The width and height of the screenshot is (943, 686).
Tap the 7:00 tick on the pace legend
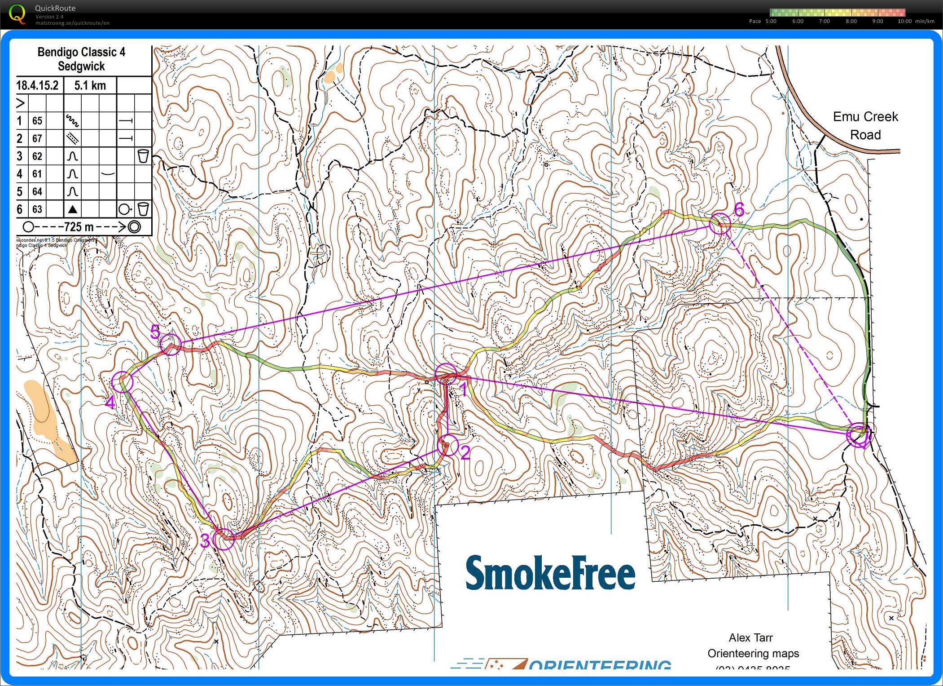pyautogui.click(x=824, y=21)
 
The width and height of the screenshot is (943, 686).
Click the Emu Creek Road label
pyautogui.click(x=865, y=126)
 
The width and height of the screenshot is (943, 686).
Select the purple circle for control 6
pyautogui.click(x=720, y=223)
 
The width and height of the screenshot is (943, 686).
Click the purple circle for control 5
pyautogui.click(x=170, y=344)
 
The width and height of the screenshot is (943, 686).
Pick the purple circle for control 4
pyautogui.click(x=122, y=382)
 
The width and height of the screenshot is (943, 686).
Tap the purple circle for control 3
pyautogui.click(x=224, y=539)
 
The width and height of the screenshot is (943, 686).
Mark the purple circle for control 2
pyautogui.click(x=447, y=445)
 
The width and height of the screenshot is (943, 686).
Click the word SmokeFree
pyautogui.click(x=550, y=573)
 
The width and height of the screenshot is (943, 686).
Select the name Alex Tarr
pyautogui.click(x=750, y=637)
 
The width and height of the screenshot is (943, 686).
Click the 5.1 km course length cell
pyautogui.click(x=90, y=85)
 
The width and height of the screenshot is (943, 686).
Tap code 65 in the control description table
pyautogui.click(x=37, y=121)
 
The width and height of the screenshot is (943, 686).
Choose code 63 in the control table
pyautogui.click(x=37, y=209)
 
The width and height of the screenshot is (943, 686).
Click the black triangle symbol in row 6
pyautogui.click(x=72, y=209)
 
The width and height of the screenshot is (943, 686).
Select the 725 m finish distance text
pyautogui.click(x=79, y=227)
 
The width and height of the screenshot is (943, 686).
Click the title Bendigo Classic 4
pyautogui.click(x=81, y=52)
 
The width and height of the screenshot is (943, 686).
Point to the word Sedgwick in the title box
pyautogui.click(x=81, y=66)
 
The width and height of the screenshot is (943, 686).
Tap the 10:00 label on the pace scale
pyautogui.click(x=904, y=21)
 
